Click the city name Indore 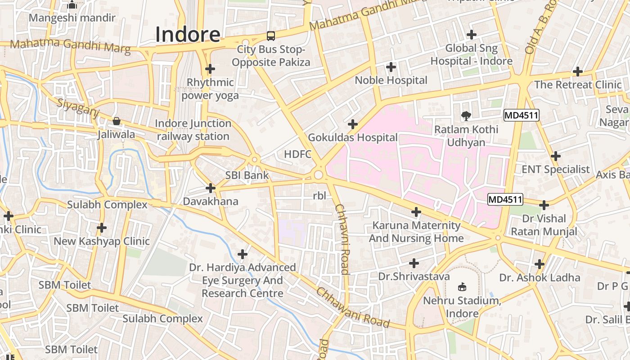click(x=188, y=35)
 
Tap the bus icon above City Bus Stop click(x=271, y=36)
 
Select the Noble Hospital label click(x=391, y=80)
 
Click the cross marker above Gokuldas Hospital click(x=353, y=124)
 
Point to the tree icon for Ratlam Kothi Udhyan click(x=466, y=116)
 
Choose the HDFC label click(x=297, y=154)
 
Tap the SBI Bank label click(x=247, y=175)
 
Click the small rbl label click(x=319, y=196)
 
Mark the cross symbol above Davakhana click(x=210, y=188)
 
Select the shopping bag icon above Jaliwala click(x=117, y=121)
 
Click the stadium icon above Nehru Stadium click(x=462, y=287)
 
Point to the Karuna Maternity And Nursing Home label click(x=416, y=232)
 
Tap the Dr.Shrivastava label click(x=414, y=276)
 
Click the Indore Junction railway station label click(x=193, y=130)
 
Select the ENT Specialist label click(x=555, y=170)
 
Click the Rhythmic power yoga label click(x=210, y=89)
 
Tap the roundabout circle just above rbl click(x=319, y=175)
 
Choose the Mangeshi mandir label click(x=72, y=18)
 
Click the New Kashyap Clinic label click(x=102, y=241)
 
